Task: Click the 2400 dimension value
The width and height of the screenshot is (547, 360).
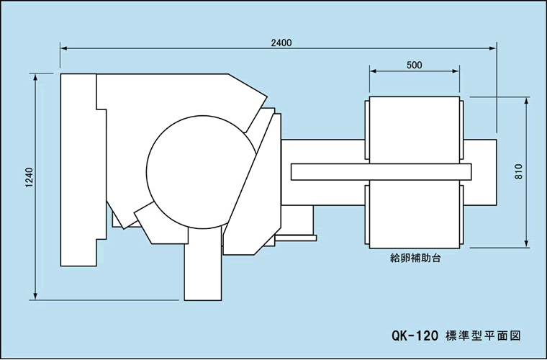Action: pos(281,43)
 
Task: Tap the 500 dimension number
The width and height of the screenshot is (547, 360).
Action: pos(415,66)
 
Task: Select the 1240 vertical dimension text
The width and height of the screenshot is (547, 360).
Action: pos(29,178)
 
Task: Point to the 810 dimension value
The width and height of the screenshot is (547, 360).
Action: pos(519,171)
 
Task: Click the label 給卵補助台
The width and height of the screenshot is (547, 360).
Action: pos(415,258)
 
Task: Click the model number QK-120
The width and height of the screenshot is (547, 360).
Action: pos(415,336)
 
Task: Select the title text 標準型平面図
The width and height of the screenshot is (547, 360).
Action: pos(484,336)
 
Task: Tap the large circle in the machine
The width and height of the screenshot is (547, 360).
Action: pos(147,172)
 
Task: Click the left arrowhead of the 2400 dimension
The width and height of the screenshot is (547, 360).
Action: pos(64,48)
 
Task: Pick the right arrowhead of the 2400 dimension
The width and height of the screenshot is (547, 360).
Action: pos(492,48)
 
